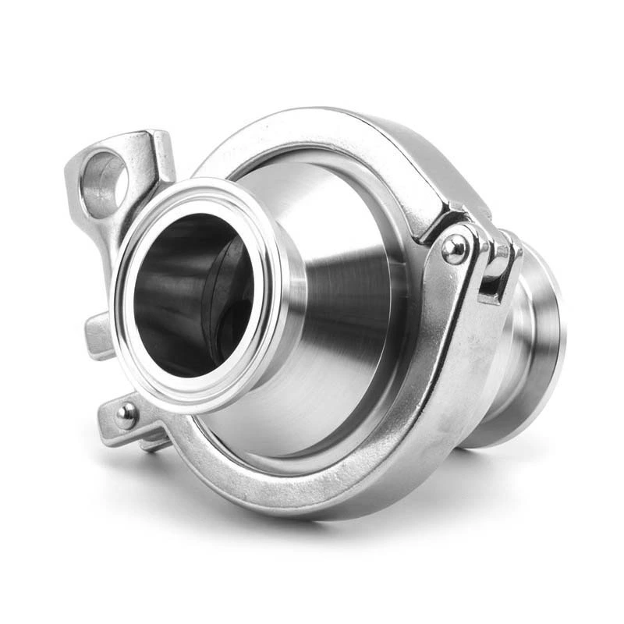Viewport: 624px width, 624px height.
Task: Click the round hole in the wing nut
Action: (104, 174)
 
